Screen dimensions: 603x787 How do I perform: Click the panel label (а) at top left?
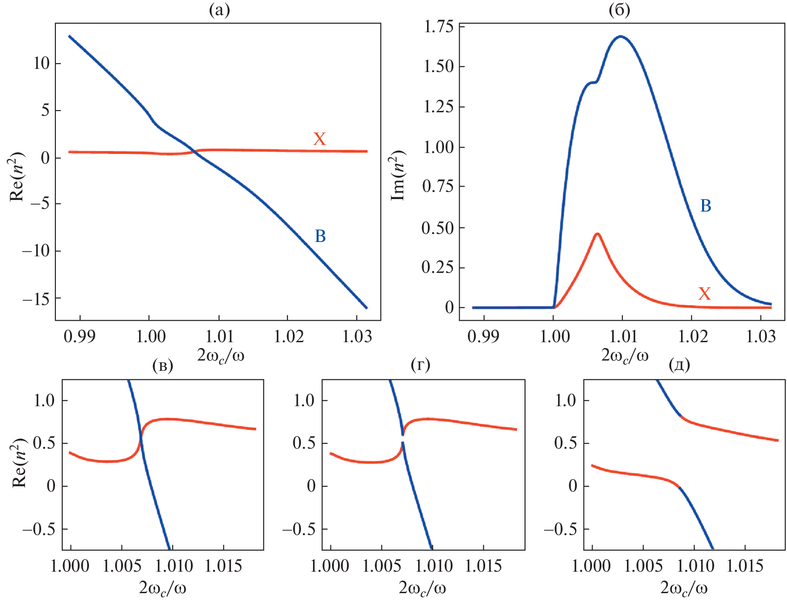pyautogui.click(x=219, y=10)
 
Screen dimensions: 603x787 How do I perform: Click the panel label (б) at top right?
pyautogui.click(x=619, y=10)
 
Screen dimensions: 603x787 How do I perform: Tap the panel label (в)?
pyautogui.click(x=163, y=365)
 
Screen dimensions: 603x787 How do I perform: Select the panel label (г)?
pyautogui.click(x=420, y=365)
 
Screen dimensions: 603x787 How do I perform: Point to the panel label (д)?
pyautogui.click(x=679, y=365)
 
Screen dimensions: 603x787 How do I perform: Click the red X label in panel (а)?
pyautogui.click(x=319, y=139)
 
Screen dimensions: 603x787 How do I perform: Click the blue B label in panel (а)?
pyautogui.click(x=320, y=236)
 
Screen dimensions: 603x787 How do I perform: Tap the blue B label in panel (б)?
pyautogui.click(x=705, y=206)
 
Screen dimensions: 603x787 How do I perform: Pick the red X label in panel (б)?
pyautogui.click(x=704, y=294)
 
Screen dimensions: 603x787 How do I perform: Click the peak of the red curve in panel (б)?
pyautogui.click(x=597, y=234)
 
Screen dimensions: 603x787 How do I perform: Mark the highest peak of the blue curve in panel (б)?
pyautogui.click(x=621, y=36)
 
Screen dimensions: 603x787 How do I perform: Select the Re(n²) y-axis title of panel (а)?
pyautogui.click(x=17, y=177)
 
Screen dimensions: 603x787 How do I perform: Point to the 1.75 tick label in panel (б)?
pyautogui.click(x=438, y=27)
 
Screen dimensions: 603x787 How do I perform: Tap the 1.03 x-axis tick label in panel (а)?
pyautogui.click(x=357, y=336)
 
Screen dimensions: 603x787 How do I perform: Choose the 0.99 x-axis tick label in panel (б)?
pyautogui.click(x=483, y=336)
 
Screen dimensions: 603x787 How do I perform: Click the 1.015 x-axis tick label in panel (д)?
pyautogui.click(x=745, y=566)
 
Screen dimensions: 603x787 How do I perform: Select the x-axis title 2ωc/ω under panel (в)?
pyautogui.click(x=163, y=587)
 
